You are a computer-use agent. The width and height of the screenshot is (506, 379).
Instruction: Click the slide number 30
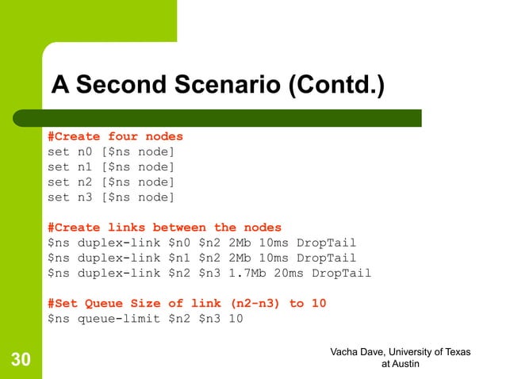point(21,361)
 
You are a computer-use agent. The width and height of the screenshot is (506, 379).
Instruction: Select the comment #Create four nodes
point(115,136)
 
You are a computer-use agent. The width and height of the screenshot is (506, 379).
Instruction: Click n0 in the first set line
point(85,151)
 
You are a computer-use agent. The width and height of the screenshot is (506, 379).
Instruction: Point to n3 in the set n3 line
point(85,197)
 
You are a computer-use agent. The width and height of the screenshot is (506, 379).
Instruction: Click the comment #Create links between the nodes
point(164,228)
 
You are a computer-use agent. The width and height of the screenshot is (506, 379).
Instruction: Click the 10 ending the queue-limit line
point(236,319)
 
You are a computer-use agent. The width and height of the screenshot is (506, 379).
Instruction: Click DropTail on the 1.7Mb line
point(341,274)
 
